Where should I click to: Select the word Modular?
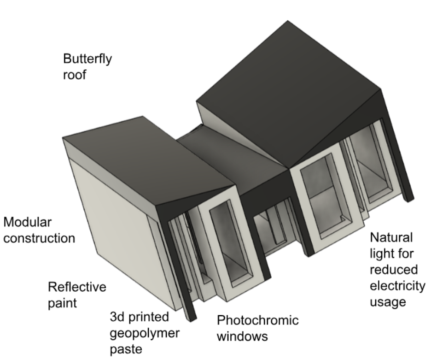coord(28,223)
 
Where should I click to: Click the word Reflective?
coord(77,287)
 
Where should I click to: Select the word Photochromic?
coord(257,320)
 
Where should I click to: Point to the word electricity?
coord(397,286)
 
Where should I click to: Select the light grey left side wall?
coord(115,221)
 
